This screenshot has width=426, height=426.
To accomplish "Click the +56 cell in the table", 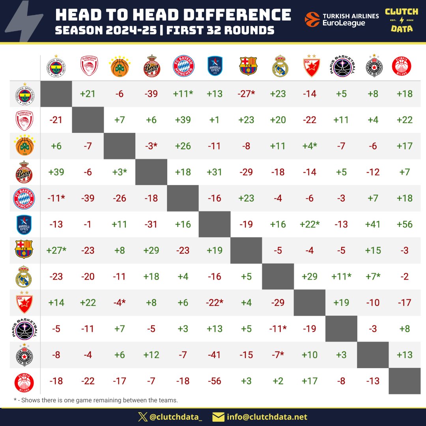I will [405, 224].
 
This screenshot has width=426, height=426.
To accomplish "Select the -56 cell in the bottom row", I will [215, 381].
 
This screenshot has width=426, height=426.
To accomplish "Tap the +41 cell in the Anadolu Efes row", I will [373, 224].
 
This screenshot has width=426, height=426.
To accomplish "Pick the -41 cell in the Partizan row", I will [215, 355].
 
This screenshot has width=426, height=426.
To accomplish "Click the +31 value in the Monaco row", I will [215, 172].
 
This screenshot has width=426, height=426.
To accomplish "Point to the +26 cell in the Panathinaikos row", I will [183, 146].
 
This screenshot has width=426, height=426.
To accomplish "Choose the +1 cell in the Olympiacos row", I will [215, 120].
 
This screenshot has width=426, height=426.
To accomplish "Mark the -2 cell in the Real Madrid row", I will [405, 277].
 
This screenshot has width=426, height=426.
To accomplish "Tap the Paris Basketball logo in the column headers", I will [341, 66].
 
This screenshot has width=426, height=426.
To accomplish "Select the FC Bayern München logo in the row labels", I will [25, 198].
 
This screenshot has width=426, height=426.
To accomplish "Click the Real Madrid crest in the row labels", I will [25, 277].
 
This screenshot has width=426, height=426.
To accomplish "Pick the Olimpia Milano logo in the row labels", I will [25, 381].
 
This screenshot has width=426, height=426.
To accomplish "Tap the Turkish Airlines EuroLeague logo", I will [342, 19].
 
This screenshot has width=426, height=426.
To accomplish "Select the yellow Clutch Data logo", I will [402, 20].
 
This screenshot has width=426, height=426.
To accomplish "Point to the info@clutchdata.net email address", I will [267, 417].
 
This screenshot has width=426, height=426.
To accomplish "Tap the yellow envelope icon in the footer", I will [218, 417].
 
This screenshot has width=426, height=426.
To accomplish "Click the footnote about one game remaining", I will [96, 400].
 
